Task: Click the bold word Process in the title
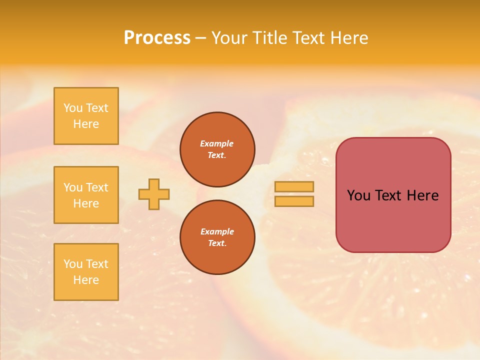(x=157, y=38)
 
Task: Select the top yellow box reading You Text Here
(x=86, y=116)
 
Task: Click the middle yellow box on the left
(x=86, y=195)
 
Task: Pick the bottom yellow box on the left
(x=86, y=272)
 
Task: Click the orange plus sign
(x=154, y=194)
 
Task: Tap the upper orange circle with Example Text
(x=217, y=149)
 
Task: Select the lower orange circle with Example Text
(x=217, y=237)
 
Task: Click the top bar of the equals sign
(x=294, y=186)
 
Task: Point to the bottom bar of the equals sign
(x=294, y=201)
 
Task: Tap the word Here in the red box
(x=422, y=195)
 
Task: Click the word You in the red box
(x=358, y=195)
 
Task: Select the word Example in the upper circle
(x=217, y=143)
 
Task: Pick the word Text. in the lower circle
(x=217, y=243)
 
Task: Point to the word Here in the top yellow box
(x=86, y=124)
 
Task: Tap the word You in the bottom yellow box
(x=73, y=264)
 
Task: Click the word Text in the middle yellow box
(x=96, y=187)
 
